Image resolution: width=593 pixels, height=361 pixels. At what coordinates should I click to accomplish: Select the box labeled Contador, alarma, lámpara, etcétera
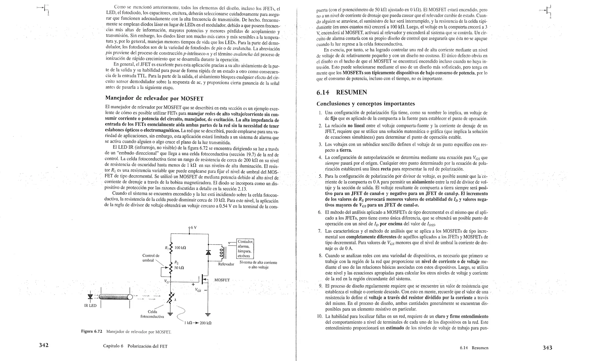(245, 249)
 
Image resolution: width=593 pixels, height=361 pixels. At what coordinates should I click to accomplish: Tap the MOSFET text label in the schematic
(222, 280)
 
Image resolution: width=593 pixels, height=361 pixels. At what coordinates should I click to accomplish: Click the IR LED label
(90, 306)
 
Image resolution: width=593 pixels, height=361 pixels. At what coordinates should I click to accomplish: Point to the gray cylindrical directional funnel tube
(115, 297)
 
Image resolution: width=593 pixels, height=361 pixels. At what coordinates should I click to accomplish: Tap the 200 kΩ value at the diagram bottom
(206, 323)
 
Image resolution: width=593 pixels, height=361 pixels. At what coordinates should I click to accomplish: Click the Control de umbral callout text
(151, 258)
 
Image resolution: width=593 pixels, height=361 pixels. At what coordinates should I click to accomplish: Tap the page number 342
(43, 345)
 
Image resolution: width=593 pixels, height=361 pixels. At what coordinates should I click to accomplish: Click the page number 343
(547, 348)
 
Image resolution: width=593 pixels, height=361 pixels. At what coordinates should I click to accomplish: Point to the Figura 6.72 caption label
(91, 331)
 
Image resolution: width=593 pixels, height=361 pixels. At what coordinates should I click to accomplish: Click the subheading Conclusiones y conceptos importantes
(366, 104)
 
